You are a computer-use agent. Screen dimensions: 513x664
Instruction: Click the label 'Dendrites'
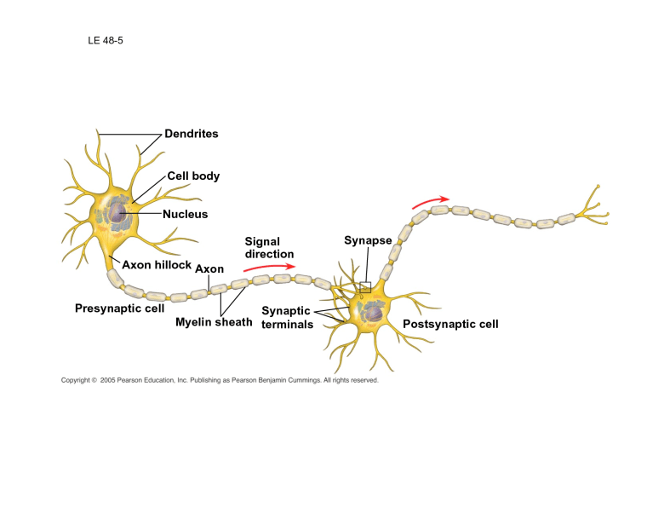(192, 134)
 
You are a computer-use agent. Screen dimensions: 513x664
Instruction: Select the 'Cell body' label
(193, 176)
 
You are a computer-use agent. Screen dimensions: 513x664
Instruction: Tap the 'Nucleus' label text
(185, 214)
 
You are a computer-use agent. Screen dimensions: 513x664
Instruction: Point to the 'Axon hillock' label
(157, 265)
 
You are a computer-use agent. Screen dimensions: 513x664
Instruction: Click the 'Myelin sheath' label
(214, 322)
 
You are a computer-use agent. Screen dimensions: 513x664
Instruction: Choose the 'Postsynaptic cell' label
(450, 324)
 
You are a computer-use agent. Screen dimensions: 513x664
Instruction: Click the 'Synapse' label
(368, 240)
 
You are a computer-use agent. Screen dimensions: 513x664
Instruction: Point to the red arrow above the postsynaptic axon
(430, 202)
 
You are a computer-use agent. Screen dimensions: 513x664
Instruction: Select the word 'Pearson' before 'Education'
(140, 381)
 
